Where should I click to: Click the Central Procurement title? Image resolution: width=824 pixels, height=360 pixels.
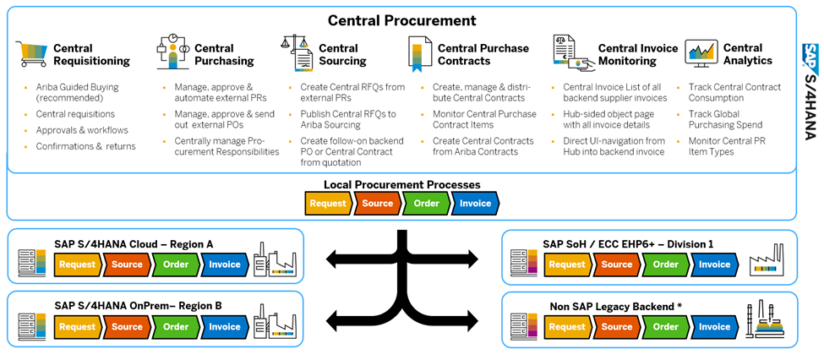tap(401, 20)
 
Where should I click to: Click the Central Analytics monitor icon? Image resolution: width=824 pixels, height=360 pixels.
tap(701, 53)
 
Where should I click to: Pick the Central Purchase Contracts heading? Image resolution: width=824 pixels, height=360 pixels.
tap(483, 55)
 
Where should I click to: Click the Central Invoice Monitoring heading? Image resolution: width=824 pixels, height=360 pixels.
tap(637, 55)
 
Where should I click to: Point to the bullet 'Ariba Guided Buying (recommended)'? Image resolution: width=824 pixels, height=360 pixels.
tap(77, 93)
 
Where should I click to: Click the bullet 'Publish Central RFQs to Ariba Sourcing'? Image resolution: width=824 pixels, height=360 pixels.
tap(347, 120)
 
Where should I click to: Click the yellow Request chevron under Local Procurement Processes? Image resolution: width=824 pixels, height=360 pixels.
tap(328, 204)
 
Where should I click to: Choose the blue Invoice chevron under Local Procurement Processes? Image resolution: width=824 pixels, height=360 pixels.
tap(475, 204)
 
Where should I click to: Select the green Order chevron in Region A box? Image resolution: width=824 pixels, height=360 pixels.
tap(176, 265)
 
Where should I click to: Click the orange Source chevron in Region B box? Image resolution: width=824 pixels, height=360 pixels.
tap(127, 327)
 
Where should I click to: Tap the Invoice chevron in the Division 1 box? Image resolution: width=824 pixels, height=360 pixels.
tap(714, 265)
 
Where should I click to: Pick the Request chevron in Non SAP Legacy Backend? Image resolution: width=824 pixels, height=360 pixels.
tap(567, 327)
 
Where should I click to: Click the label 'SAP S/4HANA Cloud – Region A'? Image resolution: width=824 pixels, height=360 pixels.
tap(134, 244)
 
